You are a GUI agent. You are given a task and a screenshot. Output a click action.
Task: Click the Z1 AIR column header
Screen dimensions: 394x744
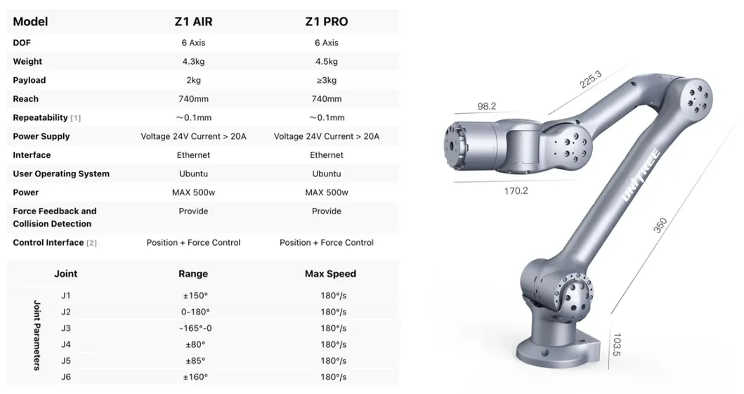tap(193, 21)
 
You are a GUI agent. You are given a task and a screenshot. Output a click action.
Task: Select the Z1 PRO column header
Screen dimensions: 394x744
tap(326, 21)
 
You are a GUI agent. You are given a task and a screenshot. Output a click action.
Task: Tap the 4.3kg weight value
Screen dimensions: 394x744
tap(193, 62)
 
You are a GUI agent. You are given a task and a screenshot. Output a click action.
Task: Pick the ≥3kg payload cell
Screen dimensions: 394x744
tap(326, 80)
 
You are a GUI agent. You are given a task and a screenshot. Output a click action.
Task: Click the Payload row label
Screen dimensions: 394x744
tap(29, 80)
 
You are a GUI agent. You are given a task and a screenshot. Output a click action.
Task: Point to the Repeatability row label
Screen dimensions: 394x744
tap(41, 118)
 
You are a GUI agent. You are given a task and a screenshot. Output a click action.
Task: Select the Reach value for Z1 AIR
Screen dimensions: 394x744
tap(193, 99)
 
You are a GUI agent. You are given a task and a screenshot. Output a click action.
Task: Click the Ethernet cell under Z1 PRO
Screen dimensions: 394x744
tap(326, 155)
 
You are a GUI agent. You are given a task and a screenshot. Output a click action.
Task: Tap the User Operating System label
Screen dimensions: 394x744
tap(61, 174)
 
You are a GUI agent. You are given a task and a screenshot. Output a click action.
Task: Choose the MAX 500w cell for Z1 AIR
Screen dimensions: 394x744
tap(193, 192)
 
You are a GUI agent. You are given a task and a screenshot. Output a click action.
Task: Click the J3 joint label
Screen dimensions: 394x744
tap(66, 328)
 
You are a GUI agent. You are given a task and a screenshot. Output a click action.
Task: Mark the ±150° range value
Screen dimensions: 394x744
tap(193, 296)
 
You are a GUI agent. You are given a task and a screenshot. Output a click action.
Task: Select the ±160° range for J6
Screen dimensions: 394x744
tap(193, 377)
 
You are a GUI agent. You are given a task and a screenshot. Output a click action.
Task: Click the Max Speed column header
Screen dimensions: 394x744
tap(330, 274)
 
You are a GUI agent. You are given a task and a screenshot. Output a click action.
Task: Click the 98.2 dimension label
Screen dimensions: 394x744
tap(487, 107)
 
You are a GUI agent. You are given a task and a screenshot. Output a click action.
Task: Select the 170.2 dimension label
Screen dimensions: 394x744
tap(516, 190)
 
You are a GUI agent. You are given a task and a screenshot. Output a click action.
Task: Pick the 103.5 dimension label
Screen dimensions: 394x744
tap(616, 345)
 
